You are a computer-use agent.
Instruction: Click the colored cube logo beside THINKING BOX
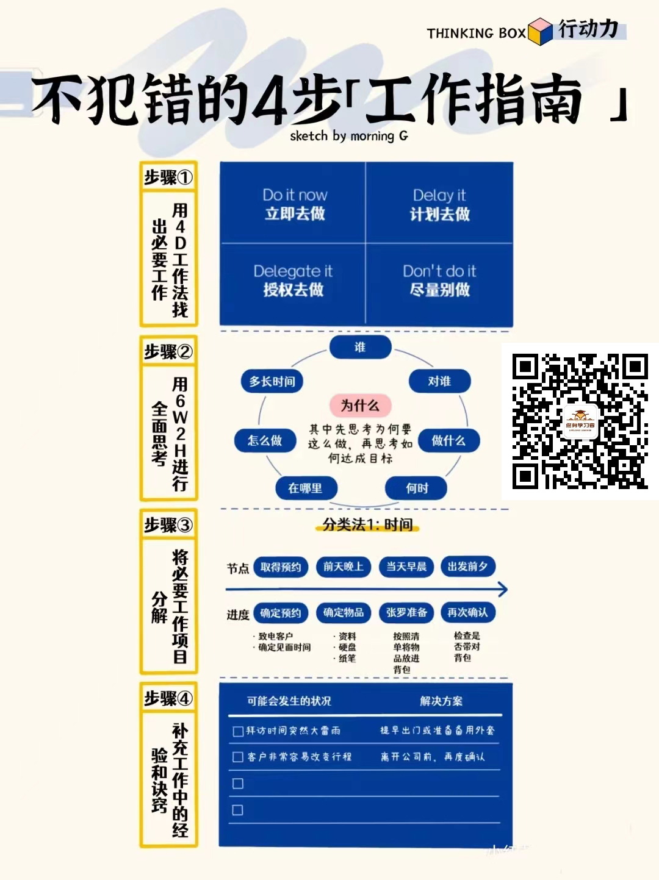pyautogui.click(x=540, y=31)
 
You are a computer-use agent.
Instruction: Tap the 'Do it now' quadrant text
pyautogui.click(x=295, y=204)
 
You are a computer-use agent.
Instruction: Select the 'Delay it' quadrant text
pyautogui.click(x=439, y=204)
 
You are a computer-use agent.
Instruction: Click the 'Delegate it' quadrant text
pyautogui.click(x=293, y=280)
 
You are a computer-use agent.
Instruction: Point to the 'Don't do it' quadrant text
pyautogui.click(x=439, y=280)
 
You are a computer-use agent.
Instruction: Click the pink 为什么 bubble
pyautogui.click(x=360, y=406)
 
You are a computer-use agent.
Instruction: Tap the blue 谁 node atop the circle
pyautogui.click(x=360, y=347)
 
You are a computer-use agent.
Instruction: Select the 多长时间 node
pyautogui.click(x=272, y=381)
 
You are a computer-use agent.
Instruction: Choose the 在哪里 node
pyautogui.click(x=305, y=488)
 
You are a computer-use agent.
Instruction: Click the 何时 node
pyautogui.click(x=417, y=488)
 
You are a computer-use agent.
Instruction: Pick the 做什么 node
pyautogui.click(x=448, y=440)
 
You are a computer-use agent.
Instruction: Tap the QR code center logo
pyautogui.click(x=579, y=421)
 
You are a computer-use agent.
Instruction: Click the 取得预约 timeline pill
pyautogui.click(x=281, y=567)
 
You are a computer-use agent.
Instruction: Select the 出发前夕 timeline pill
pyautogui.click(x=467, y=566)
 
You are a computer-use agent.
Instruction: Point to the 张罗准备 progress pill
pyautogui.click(x=406, y=612)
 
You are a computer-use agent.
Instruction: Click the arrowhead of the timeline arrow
pyautogui.click(x=502, y=589)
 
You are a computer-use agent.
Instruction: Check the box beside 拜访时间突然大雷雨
pyautogui.click(x=238, y=731)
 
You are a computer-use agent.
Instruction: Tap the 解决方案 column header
pyautogui.click(x=441, y=701)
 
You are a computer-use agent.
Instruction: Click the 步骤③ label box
pyautogui.click(x=168, y=524)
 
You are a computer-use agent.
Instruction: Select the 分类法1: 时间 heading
pyautogui.click(x=367, y=524)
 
